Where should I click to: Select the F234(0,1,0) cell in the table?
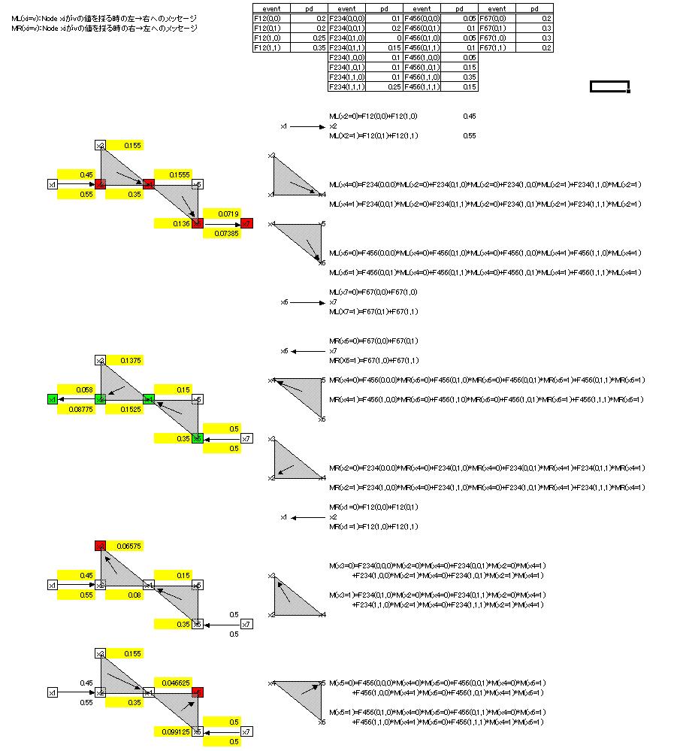pos(346,38)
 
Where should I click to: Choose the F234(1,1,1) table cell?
pos(346,86)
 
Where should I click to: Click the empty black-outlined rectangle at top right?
pos(609,86)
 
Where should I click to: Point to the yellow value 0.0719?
pos(228,213)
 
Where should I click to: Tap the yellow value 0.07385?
pos(228,233)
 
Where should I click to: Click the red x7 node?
pos(247,223)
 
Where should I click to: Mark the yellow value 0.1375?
pos(131,361)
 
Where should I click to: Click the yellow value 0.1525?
pos(131,409)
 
